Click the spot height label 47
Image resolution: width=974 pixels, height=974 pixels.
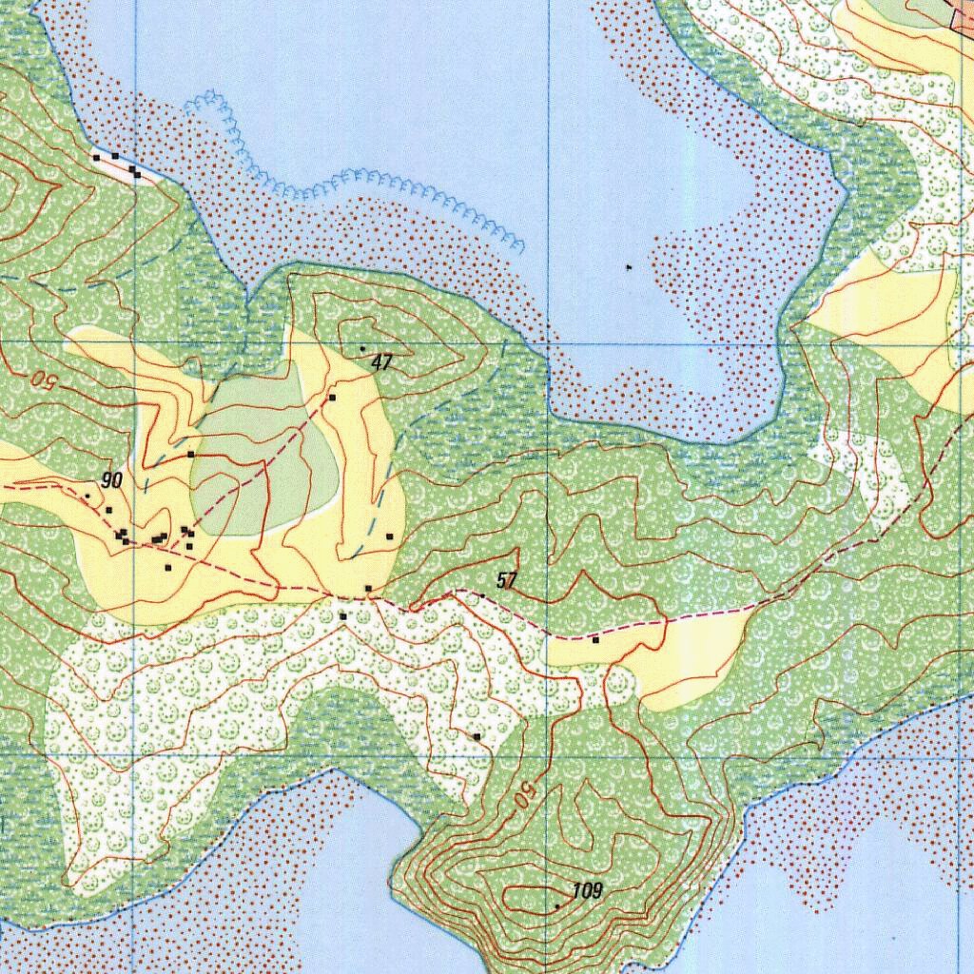coord(382,362)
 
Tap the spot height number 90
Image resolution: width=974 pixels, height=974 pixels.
coord(112,481)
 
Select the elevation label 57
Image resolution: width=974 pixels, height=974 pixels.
coord(507,580)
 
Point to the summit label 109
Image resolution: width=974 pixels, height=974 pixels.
coord(588,891)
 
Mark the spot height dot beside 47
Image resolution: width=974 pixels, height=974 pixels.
coord(362,349)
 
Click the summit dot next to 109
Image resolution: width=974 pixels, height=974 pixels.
coord(557,906)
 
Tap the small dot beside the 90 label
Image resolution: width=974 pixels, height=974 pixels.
coord(88,496)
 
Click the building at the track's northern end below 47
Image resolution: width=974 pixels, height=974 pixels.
coord(332,398)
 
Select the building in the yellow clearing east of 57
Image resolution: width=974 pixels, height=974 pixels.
coord(595,640)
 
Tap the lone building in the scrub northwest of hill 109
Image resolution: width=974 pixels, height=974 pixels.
coord(477,736)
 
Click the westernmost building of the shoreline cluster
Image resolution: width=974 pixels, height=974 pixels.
coord(96,157)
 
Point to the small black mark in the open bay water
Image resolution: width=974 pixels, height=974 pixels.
coord(629,269)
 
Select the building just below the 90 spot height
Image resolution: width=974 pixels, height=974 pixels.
coord(108,511)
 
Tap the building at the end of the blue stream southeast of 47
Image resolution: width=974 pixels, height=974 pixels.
coord(390,537)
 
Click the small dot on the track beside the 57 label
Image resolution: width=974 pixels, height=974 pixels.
coord(482,595)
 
